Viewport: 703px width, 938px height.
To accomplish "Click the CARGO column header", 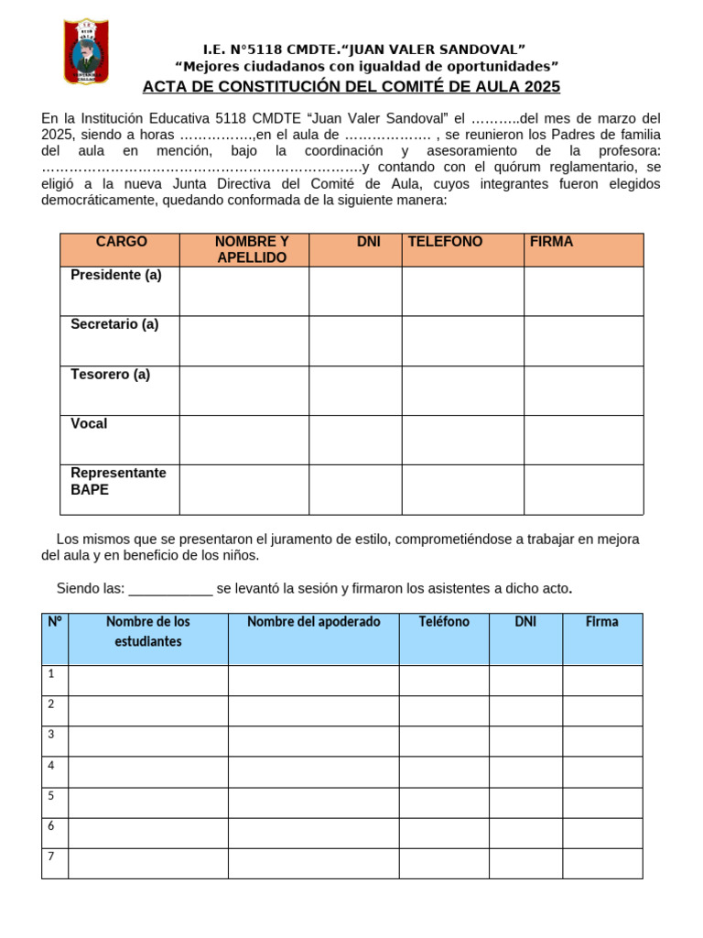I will [x=121, y=242].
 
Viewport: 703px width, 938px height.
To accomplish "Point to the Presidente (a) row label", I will [x=116, y=275].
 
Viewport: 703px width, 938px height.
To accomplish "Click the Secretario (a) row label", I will [x=114, y=324].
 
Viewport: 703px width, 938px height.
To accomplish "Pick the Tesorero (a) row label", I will [x=111, y=374].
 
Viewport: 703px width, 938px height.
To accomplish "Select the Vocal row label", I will [x=89, y=423].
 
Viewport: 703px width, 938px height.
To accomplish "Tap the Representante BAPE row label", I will [x=118, y=481].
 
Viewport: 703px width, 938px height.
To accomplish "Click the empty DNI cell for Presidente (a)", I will [x=355, y=291].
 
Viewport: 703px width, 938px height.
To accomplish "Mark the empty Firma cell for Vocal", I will [x=583, y=440].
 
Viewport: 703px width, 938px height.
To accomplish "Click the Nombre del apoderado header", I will [x=313, y=622].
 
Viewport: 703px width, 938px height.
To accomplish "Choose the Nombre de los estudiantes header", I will [x=148, y=631].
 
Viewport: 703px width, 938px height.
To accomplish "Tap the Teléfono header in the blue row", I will [x=444, y=622].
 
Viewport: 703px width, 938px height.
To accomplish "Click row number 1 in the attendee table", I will [x=51, y=674].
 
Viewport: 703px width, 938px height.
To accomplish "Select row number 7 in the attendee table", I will [x=51, y=856].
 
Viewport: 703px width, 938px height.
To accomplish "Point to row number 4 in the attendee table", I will [x=51, y=766].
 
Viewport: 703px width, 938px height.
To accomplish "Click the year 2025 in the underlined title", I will [x=542, y=87].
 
